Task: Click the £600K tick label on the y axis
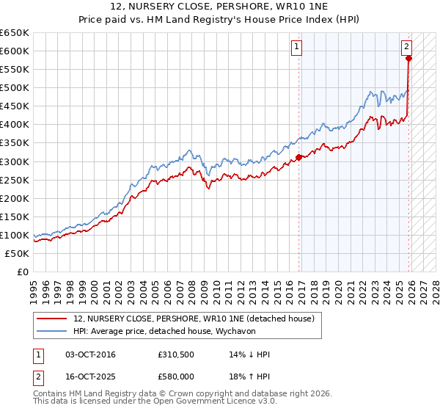[x=15, y=51]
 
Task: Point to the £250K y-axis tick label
[x=15, y=180]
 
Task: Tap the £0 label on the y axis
[x=23, y=272]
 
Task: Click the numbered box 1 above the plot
[x=297, y=46]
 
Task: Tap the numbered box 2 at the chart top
[x=407, y=46]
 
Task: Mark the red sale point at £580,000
[x=409, y=58]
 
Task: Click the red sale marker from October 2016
[x=299, y=157]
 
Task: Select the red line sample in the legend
[x=51, y=319]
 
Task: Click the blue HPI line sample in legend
[x=51, y=331]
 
